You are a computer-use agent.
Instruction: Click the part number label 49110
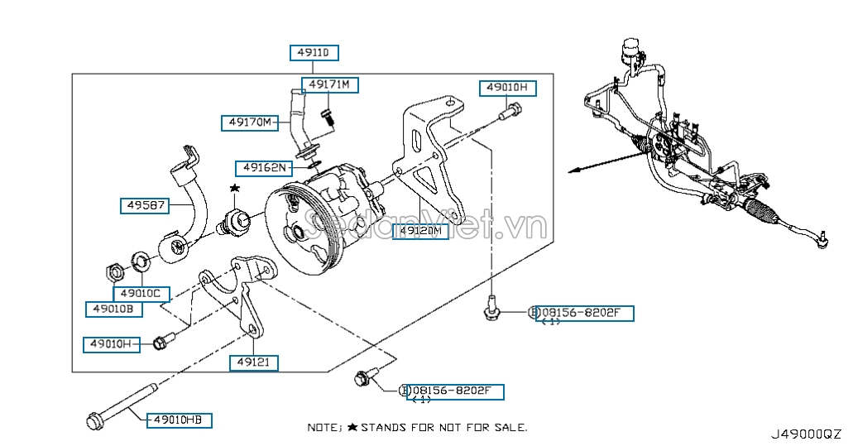click(x=314, y=53)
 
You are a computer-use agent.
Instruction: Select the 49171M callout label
click(x=329, y=84)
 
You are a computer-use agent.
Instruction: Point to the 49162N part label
click(x=264, y=168)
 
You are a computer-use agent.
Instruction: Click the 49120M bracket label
click(x=420, y=231)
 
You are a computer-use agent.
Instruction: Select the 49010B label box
click(x=113, y=309)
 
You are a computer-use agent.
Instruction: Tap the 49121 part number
click(x=253, y=362)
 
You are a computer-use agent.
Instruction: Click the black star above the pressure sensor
click(x=235, y=189)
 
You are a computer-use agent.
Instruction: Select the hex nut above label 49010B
click(x=116, y=271)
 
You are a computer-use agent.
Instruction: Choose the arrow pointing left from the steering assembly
click(x=579, y=170)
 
